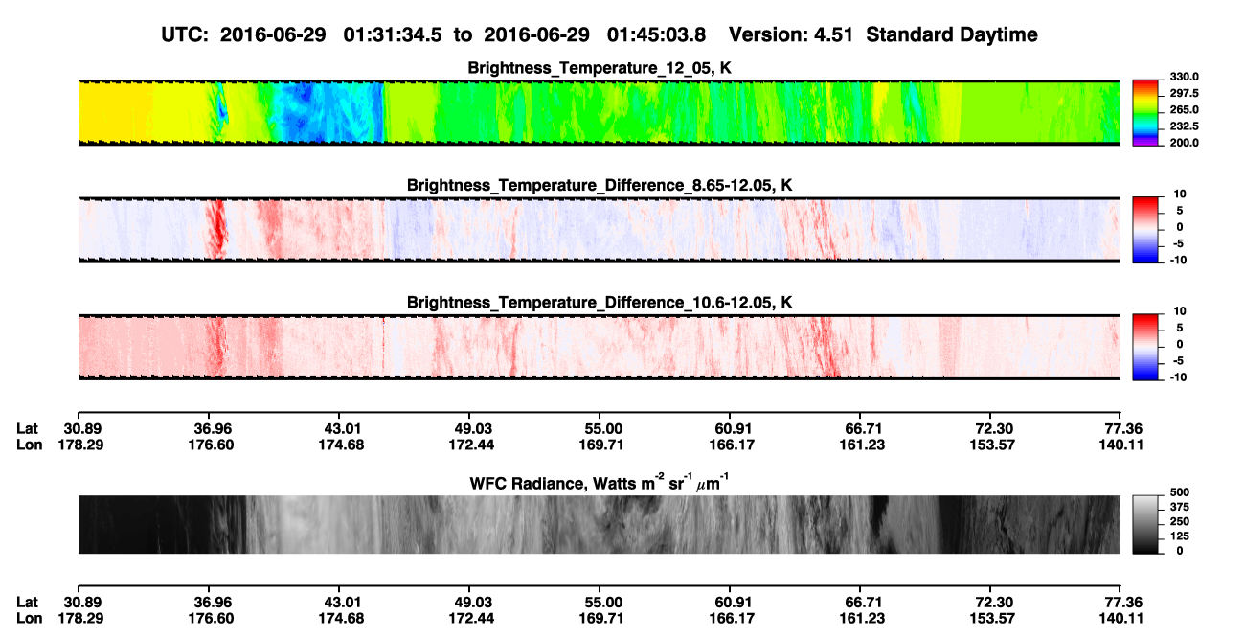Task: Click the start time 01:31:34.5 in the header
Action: pyautogui.click(x=393, y=35)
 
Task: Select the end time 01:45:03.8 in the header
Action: pyautogui.click(x=656, y=35)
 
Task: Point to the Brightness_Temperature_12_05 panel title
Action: pyautogui.click(x=600, y=68)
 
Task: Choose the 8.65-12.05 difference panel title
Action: pyautogui.click(x=600, y=185)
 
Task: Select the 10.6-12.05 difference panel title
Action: pyautogui.click(x=600, y=303)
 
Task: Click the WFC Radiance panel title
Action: pyautogui.click(x=600, y=483)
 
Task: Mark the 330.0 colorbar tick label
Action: pyautogui.click(x=1184, y=77)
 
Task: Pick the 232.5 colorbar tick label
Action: pyautogui.click(x=1184, y=126)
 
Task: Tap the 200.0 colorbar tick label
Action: pyautogui.click(x=1184, y=143)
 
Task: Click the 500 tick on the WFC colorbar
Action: pyautogui.click(x=1179, y=492)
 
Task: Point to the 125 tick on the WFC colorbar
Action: pyautogui.click(x=1179, y=536)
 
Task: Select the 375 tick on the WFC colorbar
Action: pyautogui.click(x=1179, y=507)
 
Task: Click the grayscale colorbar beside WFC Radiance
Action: pyautogui.click(x=1145, y=524)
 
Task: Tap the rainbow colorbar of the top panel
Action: pyautogui.click(x=1145, y=113)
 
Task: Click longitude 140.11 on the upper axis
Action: pyautogui.click(x=1120, y=445)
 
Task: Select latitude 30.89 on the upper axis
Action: pyautogui.click(x=82, y=429)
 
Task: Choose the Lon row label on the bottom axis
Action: pyautogui.click(x=30, y=619)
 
